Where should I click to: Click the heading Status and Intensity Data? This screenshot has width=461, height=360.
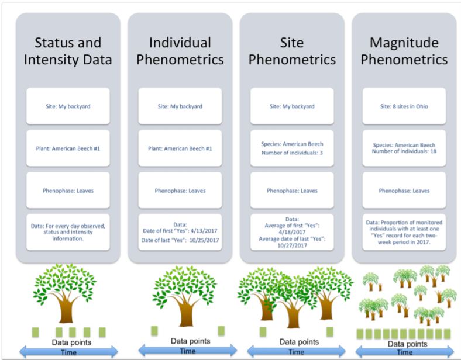[x=68, y=51]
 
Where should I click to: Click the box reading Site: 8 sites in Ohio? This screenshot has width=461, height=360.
[x=404, y=106]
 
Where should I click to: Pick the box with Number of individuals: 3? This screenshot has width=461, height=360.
[x=292, y=148]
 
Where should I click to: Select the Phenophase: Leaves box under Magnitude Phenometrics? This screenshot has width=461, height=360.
[x=404, y=191]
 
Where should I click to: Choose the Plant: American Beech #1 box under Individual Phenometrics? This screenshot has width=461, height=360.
[x=180, y=148]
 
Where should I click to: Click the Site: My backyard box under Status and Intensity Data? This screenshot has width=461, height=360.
[x=68, y=106]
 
